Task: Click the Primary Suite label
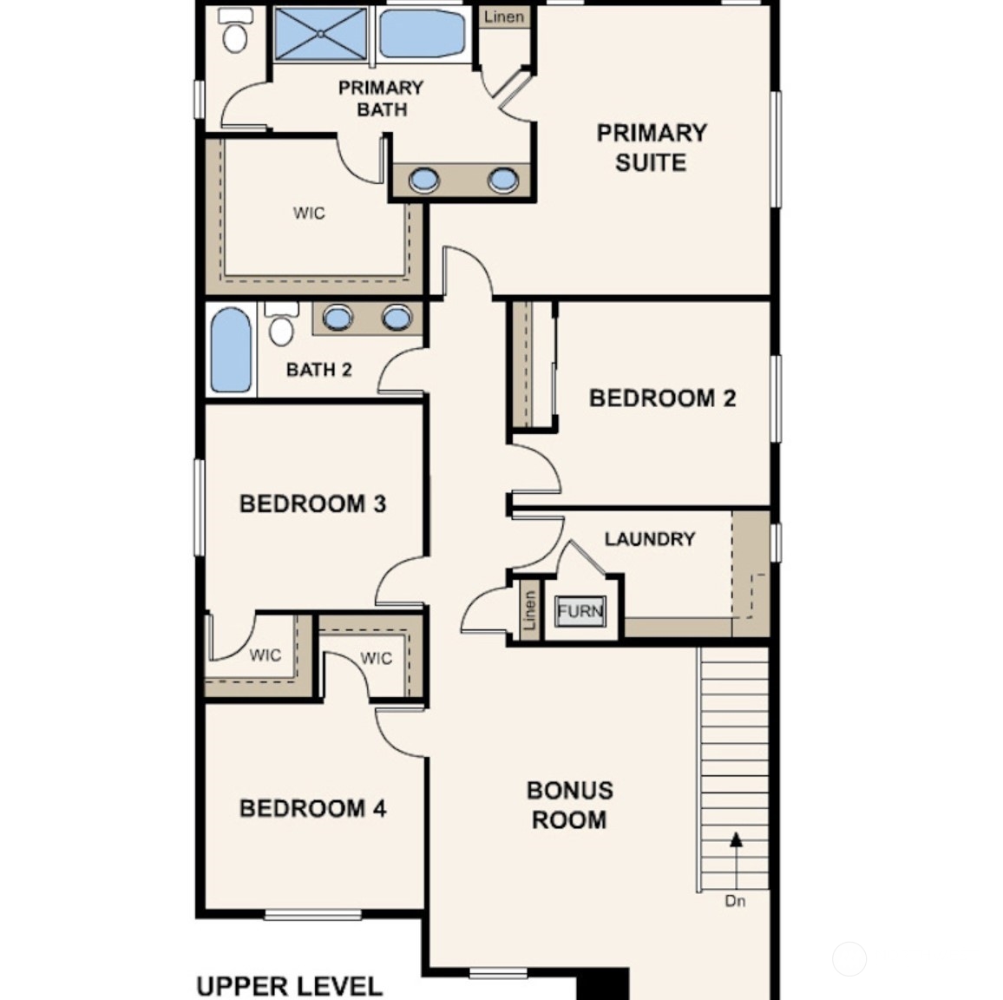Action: tap(651, 148)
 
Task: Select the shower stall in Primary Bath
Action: tap(320, 34)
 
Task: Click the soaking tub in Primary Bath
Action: tap(423, 34)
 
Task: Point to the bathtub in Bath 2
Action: tap(231, 350)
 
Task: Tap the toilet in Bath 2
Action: tap(281, 325)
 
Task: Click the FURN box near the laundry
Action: tap(580, 611)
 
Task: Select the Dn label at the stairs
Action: tap(735, 901)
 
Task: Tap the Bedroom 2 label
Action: tap(662, 398)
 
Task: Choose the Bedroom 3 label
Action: tap(312, 503)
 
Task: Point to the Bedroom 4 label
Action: tap(312, 808)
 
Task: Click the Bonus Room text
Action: tap(569, 805)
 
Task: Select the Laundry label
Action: tap(650, 539)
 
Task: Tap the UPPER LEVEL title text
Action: tap(289, 986)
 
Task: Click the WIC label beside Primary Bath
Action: tap(309, 214)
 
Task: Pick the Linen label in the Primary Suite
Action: tap(504, 16)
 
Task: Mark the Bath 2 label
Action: tap(318, 370)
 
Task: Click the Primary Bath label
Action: tap(381, 98)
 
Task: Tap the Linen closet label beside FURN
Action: tap(529, 611)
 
